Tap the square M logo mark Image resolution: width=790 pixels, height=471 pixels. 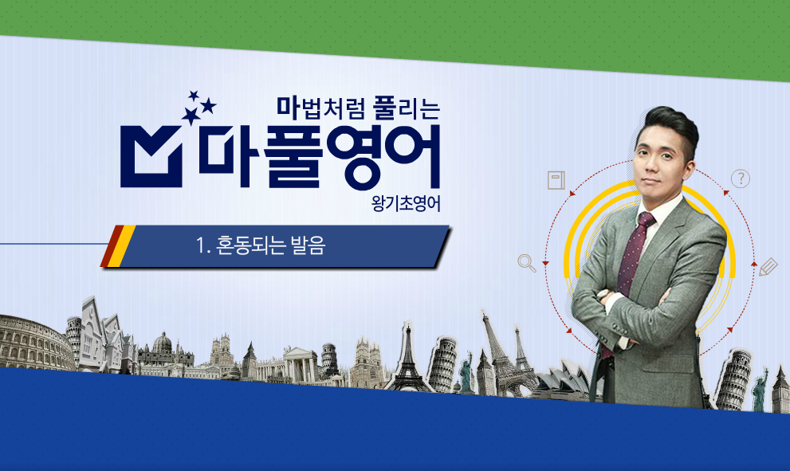pyautogui.click(x=151, y=157)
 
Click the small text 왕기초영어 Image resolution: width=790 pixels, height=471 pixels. pyautogui.click(x=406, y=203)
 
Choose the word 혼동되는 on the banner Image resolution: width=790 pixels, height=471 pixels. pyautogui.click(x=250, y=245)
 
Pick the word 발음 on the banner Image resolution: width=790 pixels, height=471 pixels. pyautogui.click(x=308, y=245)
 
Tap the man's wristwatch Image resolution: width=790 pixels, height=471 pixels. pyautogui.click(x=603, y=295)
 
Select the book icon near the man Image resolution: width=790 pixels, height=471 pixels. pyautogui.click(x=556, y=180)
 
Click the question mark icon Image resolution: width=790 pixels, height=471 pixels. pyautogui.click(x=740, y=179)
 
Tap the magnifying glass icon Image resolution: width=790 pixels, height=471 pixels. pyautogui.click(x=526, y=263)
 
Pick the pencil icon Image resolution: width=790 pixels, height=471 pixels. pyautogui.click(x=768, y=266)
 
